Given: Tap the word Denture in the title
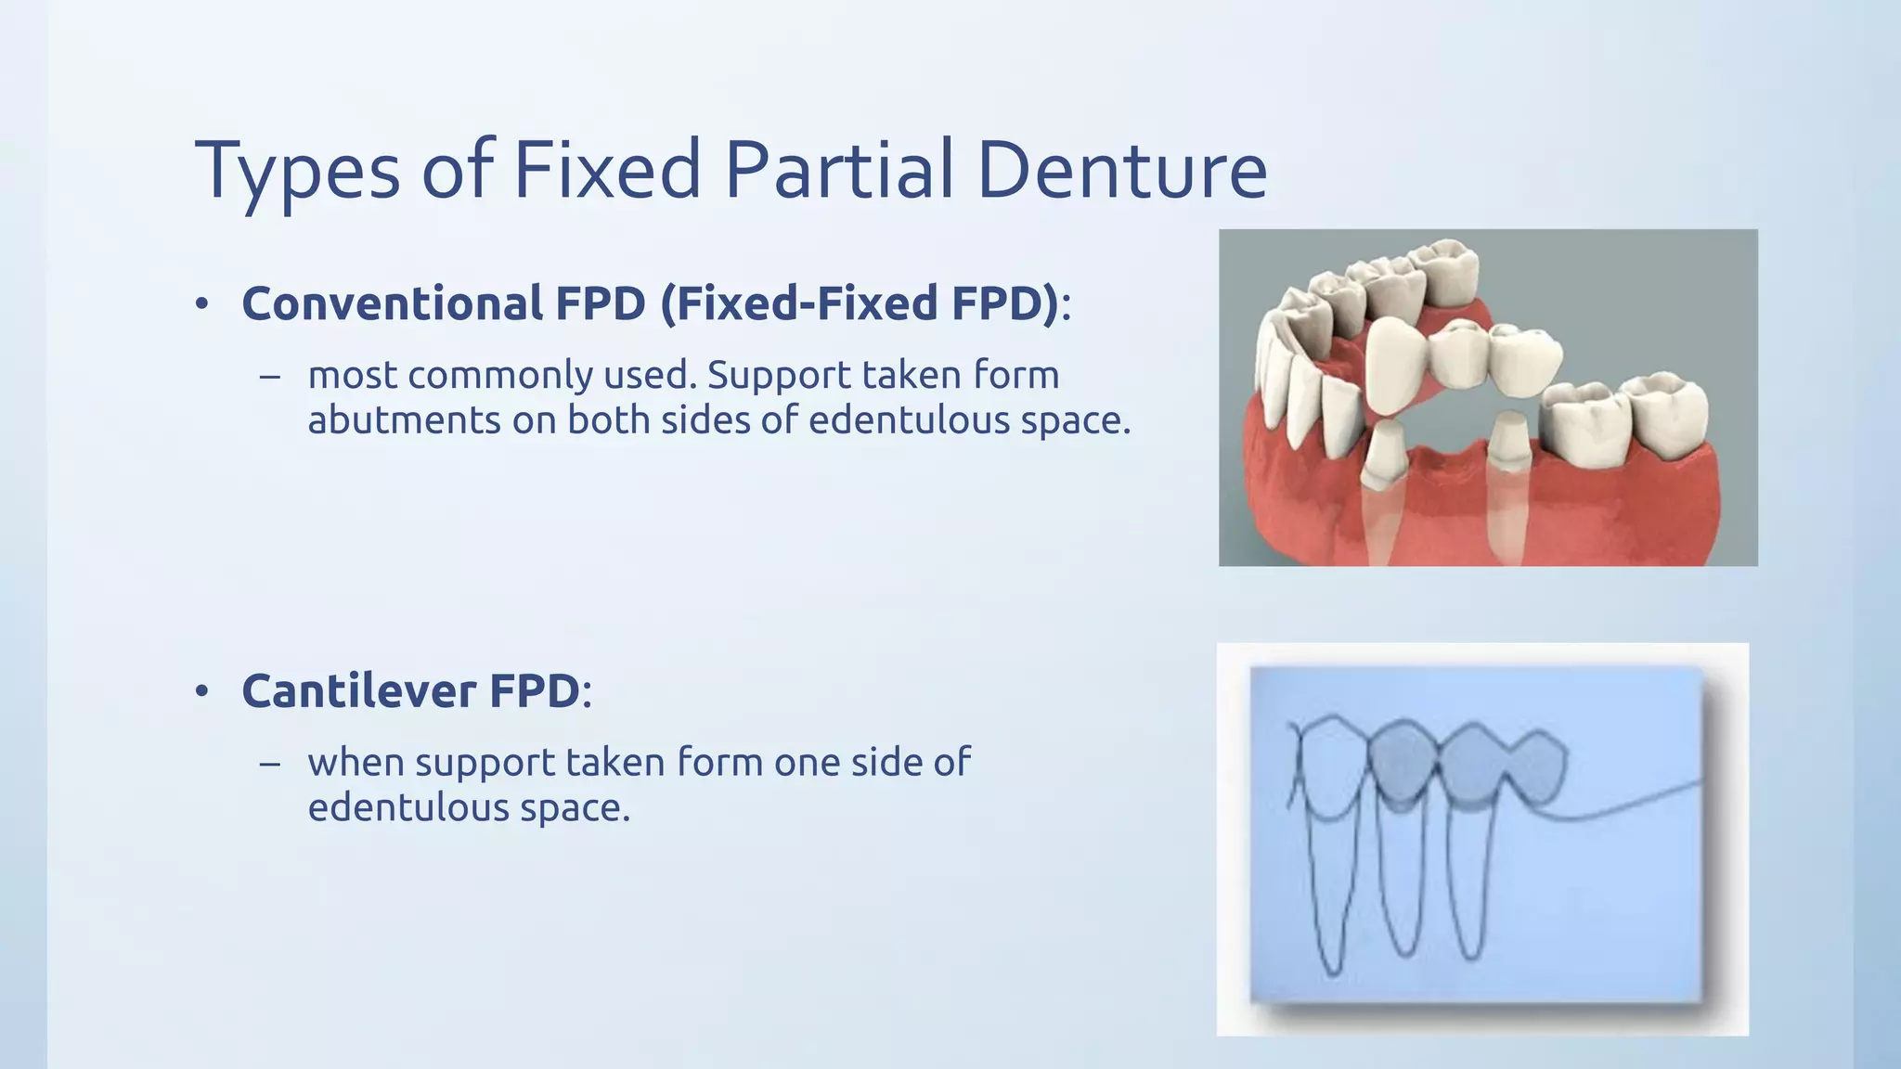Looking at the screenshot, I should [1122, 172].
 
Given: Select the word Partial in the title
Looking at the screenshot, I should [839, 172].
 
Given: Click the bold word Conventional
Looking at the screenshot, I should [393, 303].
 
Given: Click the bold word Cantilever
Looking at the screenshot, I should [359, 690].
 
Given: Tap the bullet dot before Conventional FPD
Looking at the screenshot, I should [202, 305].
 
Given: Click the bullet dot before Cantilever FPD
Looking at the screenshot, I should [202, 692].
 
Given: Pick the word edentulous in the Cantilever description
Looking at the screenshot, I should [407, 807].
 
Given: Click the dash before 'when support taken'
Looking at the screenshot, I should [270, 764].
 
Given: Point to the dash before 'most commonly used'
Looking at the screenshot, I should [270, 377].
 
